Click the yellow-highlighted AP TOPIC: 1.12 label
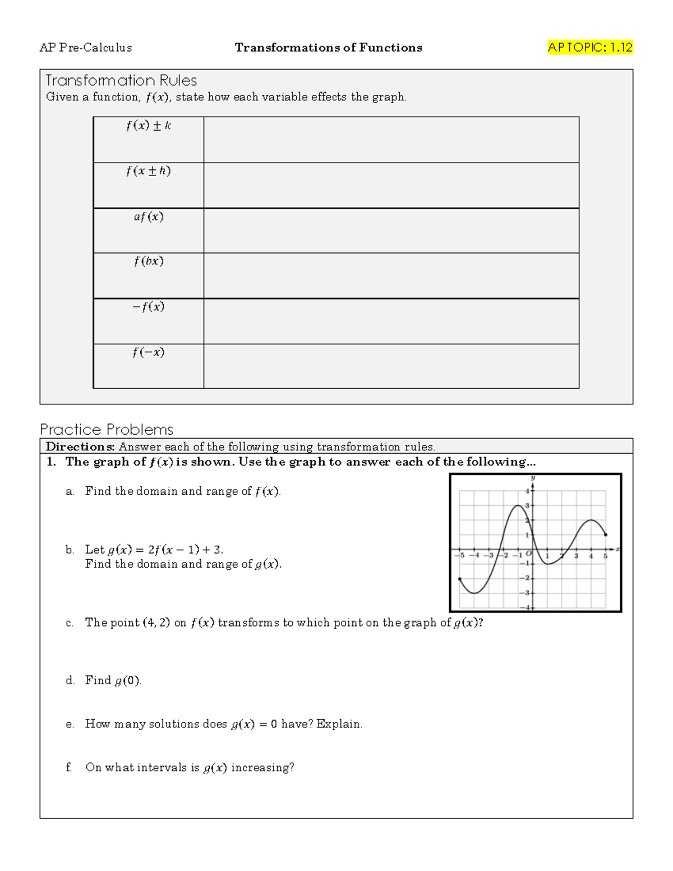tap(590, 48)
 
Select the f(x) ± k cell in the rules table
tap(149, 126)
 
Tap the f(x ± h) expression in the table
tap(149, 171)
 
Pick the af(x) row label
tap(149, 216)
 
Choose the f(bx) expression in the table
tap(149, 261)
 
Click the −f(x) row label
tap(149, 307)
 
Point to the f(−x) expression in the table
tap(149, 352)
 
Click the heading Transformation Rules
tap(121, 80)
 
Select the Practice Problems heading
tap(107, 430)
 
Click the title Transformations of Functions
tap(329, 48)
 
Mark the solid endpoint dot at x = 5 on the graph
tap(606, 535)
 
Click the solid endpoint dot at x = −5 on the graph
tap(460, 579)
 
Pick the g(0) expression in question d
tap(127, 681)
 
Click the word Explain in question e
tap(339, 724)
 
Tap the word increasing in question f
tap(262, 768)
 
